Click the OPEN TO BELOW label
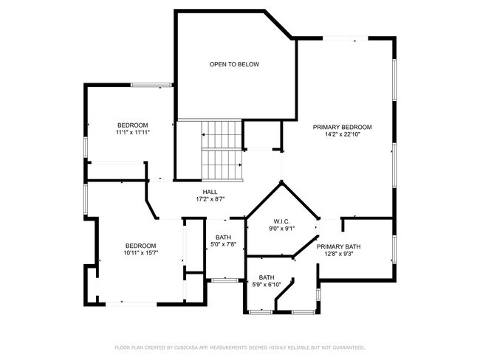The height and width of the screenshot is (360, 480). [x=234, y=65]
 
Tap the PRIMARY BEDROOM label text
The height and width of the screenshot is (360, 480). [x=341, y=128]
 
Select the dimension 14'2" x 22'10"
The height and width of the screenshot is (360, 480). [x=341, y=135]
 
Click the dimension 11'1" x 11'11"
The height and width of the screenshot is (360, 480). [x=132, y=133]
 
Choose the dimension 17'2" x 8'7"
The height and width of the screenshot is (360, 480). [x=210, y=199]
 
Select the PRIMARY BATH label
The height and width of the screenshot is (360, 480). [x=338, y=246]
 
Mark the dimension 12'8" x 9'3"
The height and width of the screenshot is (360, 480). [x=338, y=254]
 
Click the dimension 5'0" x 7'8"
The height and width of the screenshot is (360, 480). [x=223, y=245]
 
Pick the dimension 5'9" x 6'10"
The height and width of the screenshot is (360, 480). [x=267, y=285]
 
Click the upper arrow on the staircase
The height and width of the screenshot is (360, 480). [x=204, y=135]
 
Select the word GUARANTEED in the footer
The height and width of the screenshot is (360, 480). [x=346, y=347]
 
